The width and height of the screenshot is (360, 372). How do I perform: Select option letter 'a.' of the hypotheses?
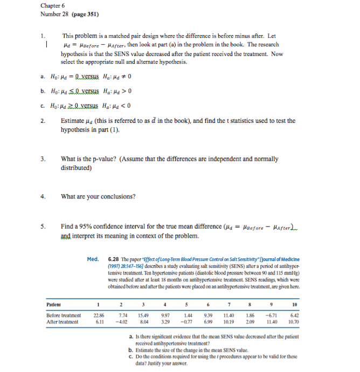click(42, 77)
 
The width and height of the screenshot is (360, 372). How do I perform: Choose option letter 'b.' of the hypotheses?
click(42, 91)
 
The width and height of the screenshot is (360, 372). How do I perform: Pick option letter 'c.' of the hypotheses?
click(42, 105)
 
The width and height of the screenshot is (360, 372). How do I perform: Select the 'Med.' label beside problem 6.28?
click(93, 259)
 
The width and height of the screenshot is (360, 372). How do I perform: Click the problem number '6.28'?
click(114, 259)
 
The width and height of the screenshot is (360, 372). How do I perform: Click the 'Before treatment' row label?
click(64, 315)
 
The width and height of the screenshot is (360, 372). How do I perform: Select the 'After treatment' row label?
click(63, 322)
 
